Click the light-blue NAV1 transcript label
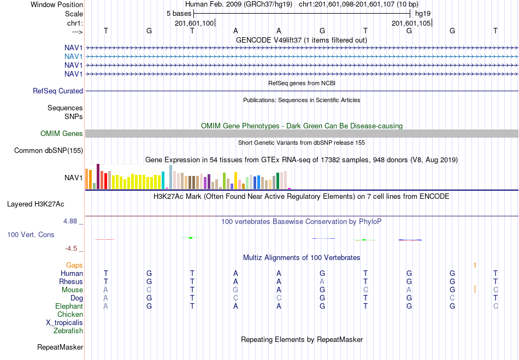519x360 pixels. click(x=74, y=57)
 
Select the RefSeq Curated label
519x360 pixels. click(x=58, y=91)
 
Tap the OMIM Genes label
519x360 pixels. click(x=62, y=133)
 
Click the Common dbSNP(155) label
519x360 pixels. click(x=49, y=151)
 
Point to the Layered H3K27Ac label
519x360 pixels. click(x=36, y=204)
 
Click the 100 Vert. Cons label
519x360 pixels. click(x=31, y=234)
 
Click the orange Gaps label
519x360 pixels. click(x=74, y=265)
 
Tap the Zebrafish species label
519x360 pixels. click(x=68, y=331)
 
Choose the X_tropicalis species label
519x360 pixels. click(x=64, y=323)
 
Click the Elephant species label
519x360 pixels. click(x=69, y=306)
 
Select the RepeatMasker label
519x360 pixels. click(x=60, y=347)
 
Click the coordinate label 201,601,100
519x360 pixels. click(x=194, y=23)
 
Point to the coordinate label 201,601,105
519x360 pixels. click(x=411, y=23)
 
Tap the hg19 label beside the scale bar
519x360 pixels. click(x=423, y=14)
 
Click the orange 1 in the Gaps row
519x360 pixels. click(x=475, y=265)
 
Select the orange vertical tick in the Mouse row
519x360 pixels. click(x=475, y=289)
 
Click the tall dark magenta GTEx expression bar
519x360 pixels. click(x=98, y=176)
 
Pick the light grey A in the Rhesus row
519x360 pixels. click(x=322, y=281)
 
